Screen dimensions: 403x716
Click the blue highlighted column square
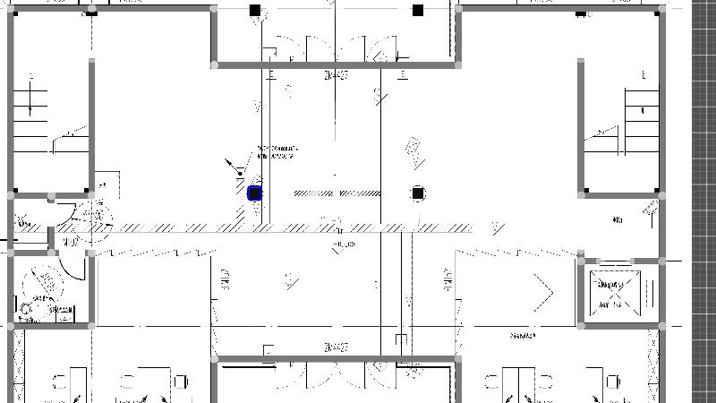click(x=254, y=193)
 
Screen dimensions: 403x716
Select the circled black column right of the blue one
click(x=418, y=193)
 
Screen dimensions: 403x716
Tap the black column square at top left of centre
click(x=255, y=11)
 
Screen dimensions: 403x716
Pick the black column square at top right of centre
click(x=418, y=11)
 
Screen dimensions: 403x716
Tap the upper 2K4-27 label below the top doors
click(x=337, y=76)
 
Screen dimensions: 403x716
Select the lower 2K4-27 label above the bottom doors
click(x=337, y=347)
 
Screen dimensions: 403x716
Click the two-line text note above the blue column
click(x=277, y=152)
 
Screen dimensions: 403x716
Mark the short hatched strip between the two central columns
click(x=336, y=193)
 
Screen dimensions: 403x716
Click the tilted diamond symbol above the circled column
click(x=413, y=151)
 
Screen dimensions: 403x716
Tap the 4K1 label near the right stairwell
click(x=618, y=219)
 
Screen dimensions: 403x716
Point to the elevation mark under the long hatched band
click(x=344, y=244)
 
